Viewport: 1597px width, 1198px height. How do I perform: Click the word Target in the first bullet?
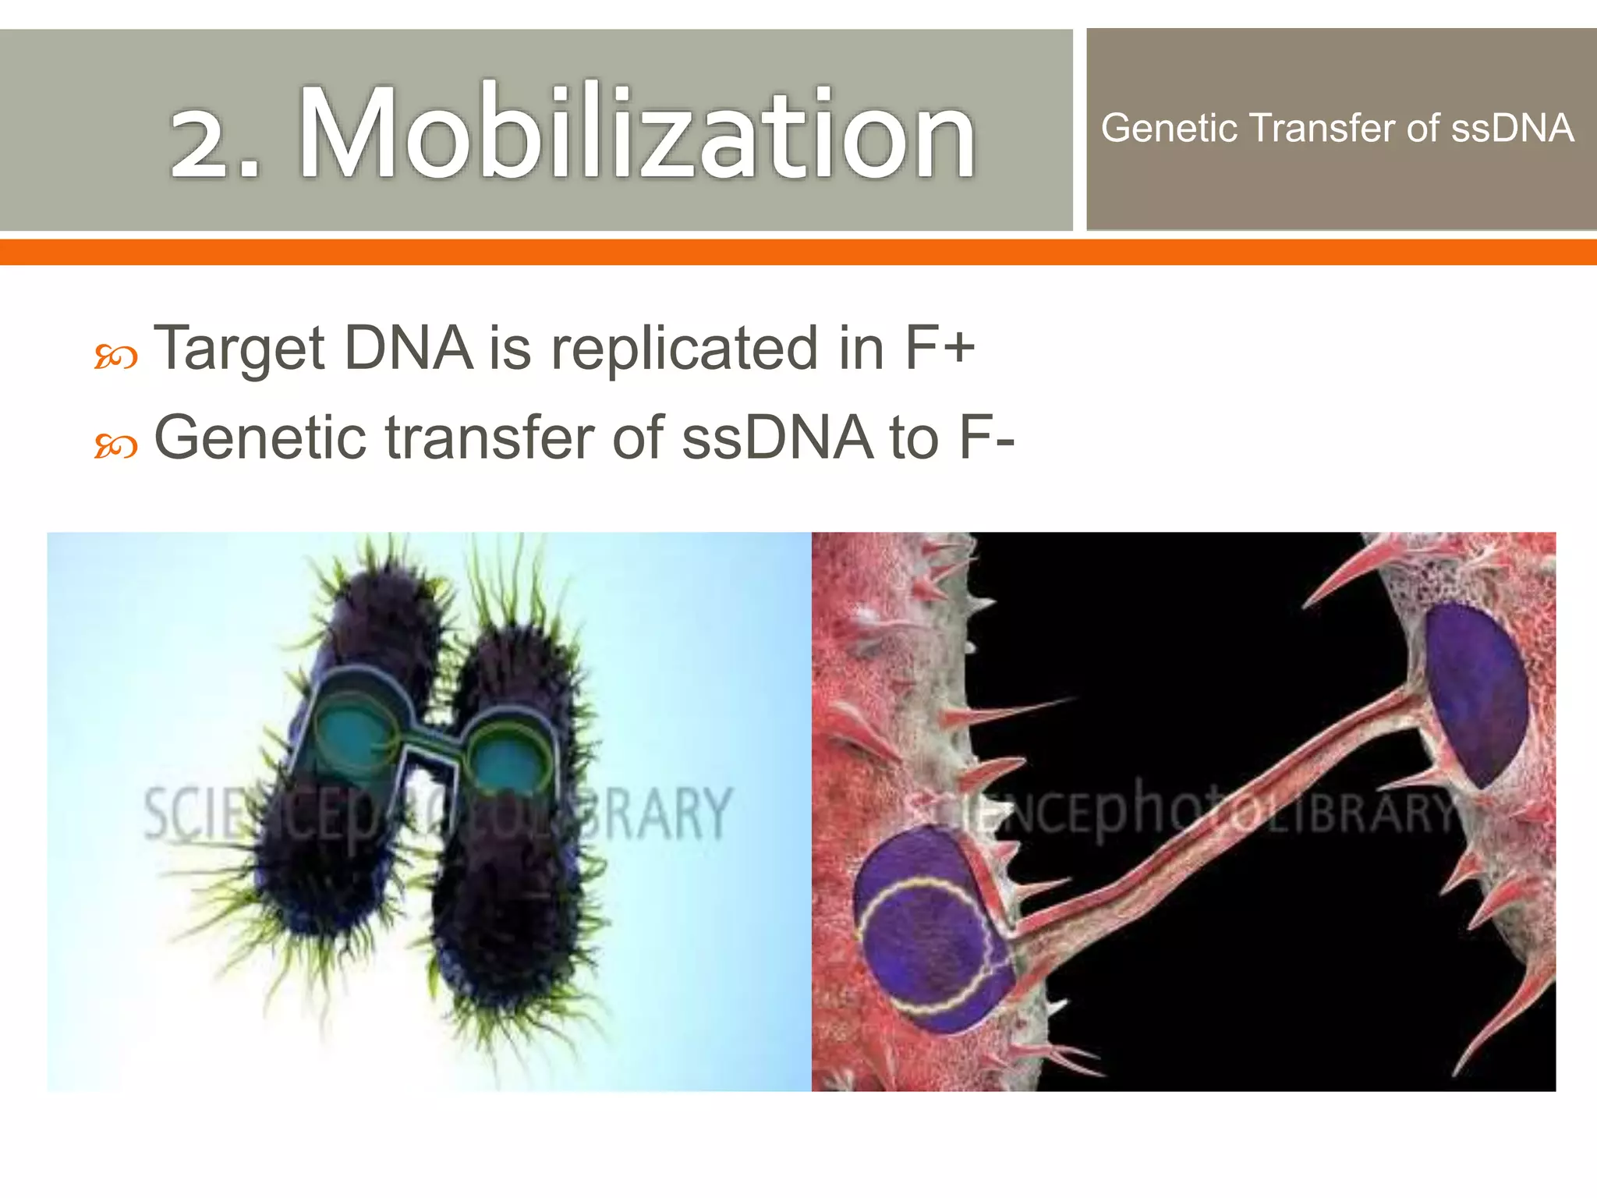(238, 349)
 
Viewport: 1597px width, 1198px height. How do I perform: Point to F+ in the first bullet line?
(939, 348)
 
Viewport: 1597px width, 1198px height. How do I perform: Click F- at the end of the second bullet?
(986, 438)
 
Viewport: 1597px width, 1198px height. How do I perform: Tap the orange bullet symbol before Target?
(116, 358)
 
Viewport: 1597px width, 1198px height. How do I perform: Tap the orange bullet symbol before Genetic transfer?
(116, 447)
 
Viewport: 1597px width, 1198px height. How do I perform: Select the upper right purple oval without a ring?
(1474, 694)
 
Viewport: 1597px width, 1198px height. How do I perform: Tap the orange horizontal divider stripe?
(798, 253)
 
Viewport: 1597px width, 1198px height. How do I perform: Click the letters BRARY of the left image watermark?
(655, 813)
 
